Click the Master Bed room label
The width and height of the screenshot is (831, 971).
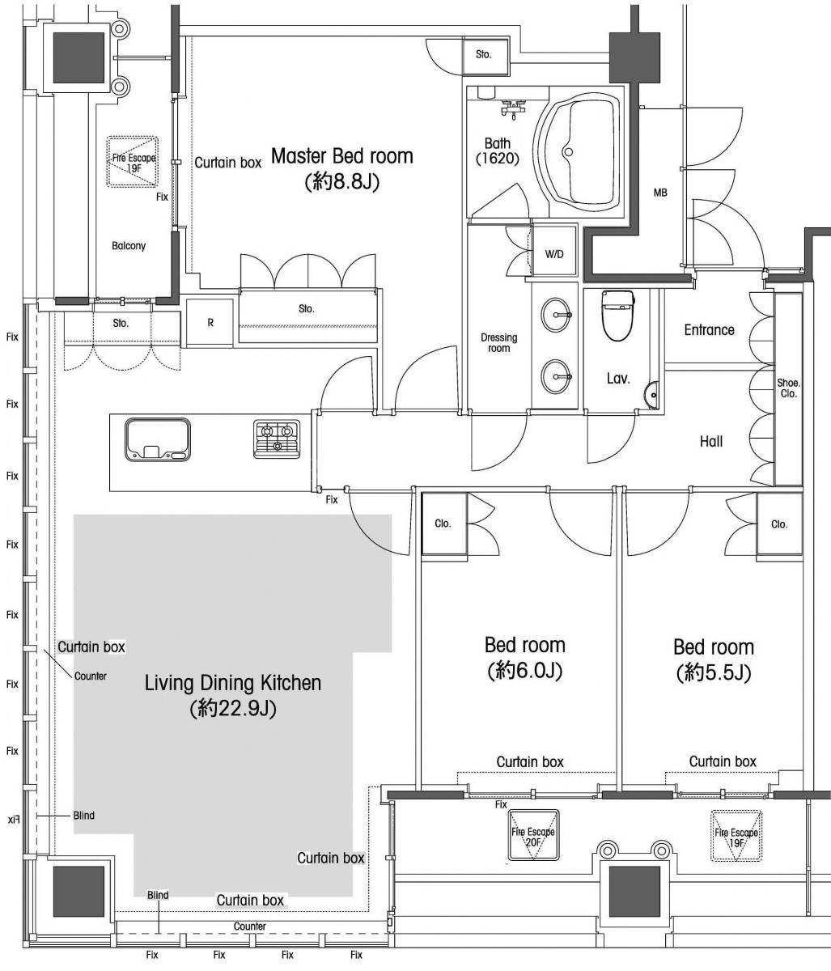(x=342, y=156)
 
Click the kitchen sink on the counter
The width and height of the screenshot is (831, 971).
(x=158, y=439)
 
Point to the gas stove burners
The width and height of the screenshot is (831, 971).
(x=277, y=439)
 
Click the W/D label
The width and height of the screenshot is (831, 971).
(x=554, y=254)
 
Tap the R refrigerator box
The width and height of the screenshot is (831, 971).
(x=210, y=323)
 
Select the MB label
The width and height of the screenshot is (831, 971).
(x=660, y=193)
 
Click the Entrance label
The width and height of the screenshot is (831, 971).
(x=709, y=330)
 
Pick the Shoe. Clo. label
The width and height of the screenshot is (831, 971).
(x=789, y=388)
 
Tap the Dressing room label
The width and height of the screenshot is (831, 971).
(x=499, y=342)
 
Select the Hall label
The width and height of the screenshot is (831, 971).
(x=711, y=441)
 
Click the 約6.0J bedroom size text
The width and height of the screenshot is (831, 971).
(x=524, y=671)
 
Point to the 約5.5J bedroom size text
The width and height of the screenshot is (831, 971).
(x=714, y=673)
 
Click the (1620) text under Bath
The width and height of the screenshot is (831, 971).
(x=498, y=159)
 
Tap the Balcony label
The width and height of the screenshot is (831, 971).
(x=129, y=246)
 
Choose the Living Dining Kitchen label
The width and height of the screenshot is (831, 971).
(x=233, y=683)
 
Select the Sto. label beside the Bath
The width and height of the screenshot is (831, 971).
(x=483, y=54)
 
